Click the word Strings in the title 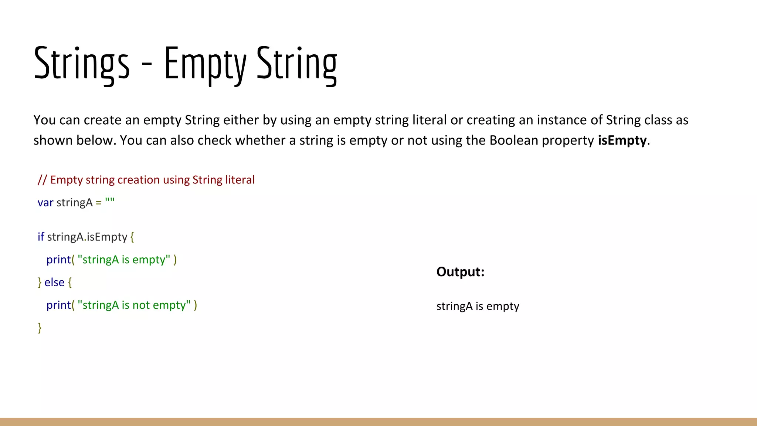click(82, 63)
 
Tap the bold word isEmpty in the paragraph click(622, 141)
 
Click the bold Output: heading click(460, 272)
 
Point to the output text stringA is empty click(478, 306)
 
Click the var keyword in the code click(45, 203)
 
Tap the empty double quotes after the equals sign click(110, 202)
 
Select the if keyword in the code click(41, 237)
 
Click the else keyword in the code click(54, 283)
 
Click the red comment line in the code click(146, 180)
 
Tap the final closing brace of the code click(40, 328)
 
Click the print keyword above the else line click(58, 260)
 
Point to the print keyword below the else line click(58, 305)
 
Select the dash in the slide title click(147, 66)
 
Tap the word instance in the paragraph click(560, 120)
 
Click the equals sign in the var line click(99, 203)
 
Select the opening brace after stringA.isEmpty click(132, 237)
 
